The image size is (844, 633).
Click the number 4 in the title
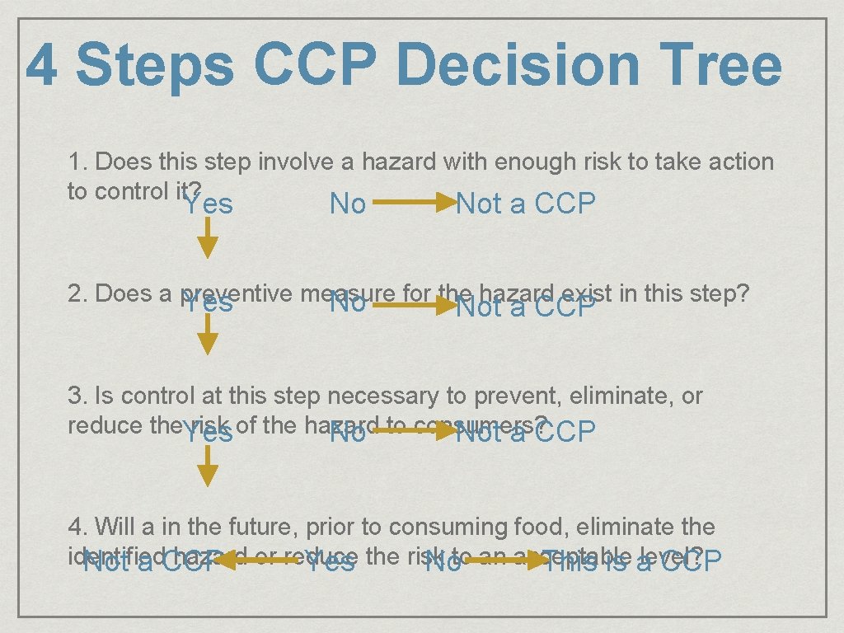[41, 66]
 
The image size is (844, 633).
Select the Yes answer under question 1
[208, 204]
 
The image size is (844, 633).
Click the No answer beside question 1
[348, 204]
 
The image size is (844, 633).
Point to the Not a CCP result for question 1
[526, 204]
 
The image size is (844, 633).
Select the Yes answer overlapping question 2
[208, 304]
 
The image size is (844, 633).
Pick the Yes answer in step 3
[208, 433]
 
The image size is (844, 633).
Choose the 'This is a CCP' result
[631, 562]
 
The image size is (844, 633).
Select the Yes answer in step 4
[330, 562]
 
